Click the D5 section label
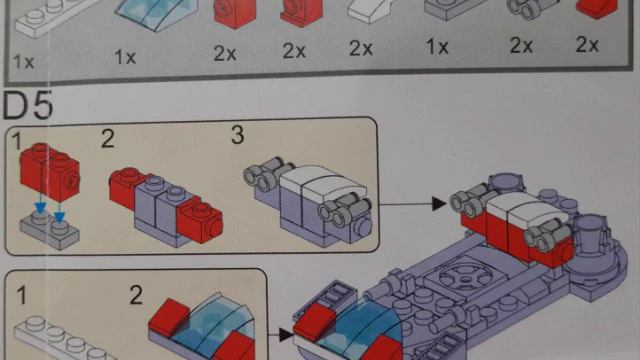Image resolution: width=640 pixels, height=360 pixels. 28,105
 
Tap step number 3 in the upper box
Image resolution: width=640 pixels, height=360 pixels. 238,135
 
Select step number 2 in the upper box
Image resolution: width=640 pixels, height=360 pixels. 108,139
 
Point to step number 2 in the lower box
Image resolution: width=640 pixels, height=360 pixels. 136,295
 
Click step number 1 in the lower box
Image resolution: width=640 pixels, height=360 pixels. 22,295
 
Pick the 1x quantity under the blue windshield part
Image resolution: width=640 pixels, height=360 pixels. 125,57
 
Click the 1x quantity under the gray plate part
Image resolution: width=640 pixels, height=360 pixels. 437,47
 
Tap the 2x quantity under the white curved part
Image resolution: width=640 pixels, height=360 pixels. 361,49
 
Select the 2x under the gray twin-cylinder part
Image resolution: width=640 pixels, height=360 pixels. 521,45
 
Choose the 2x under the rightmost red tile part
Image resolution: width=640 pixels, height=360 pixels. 587,44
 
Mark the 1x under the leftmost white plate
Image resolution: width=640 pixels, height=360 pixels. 24,62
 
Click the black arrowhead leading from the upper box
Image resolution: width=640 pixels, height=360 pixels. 439,203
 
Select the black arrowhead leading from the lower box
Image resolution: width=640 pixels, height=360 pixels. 286,335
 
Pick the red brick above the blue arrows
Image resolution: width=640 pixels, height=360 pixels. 50,171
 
